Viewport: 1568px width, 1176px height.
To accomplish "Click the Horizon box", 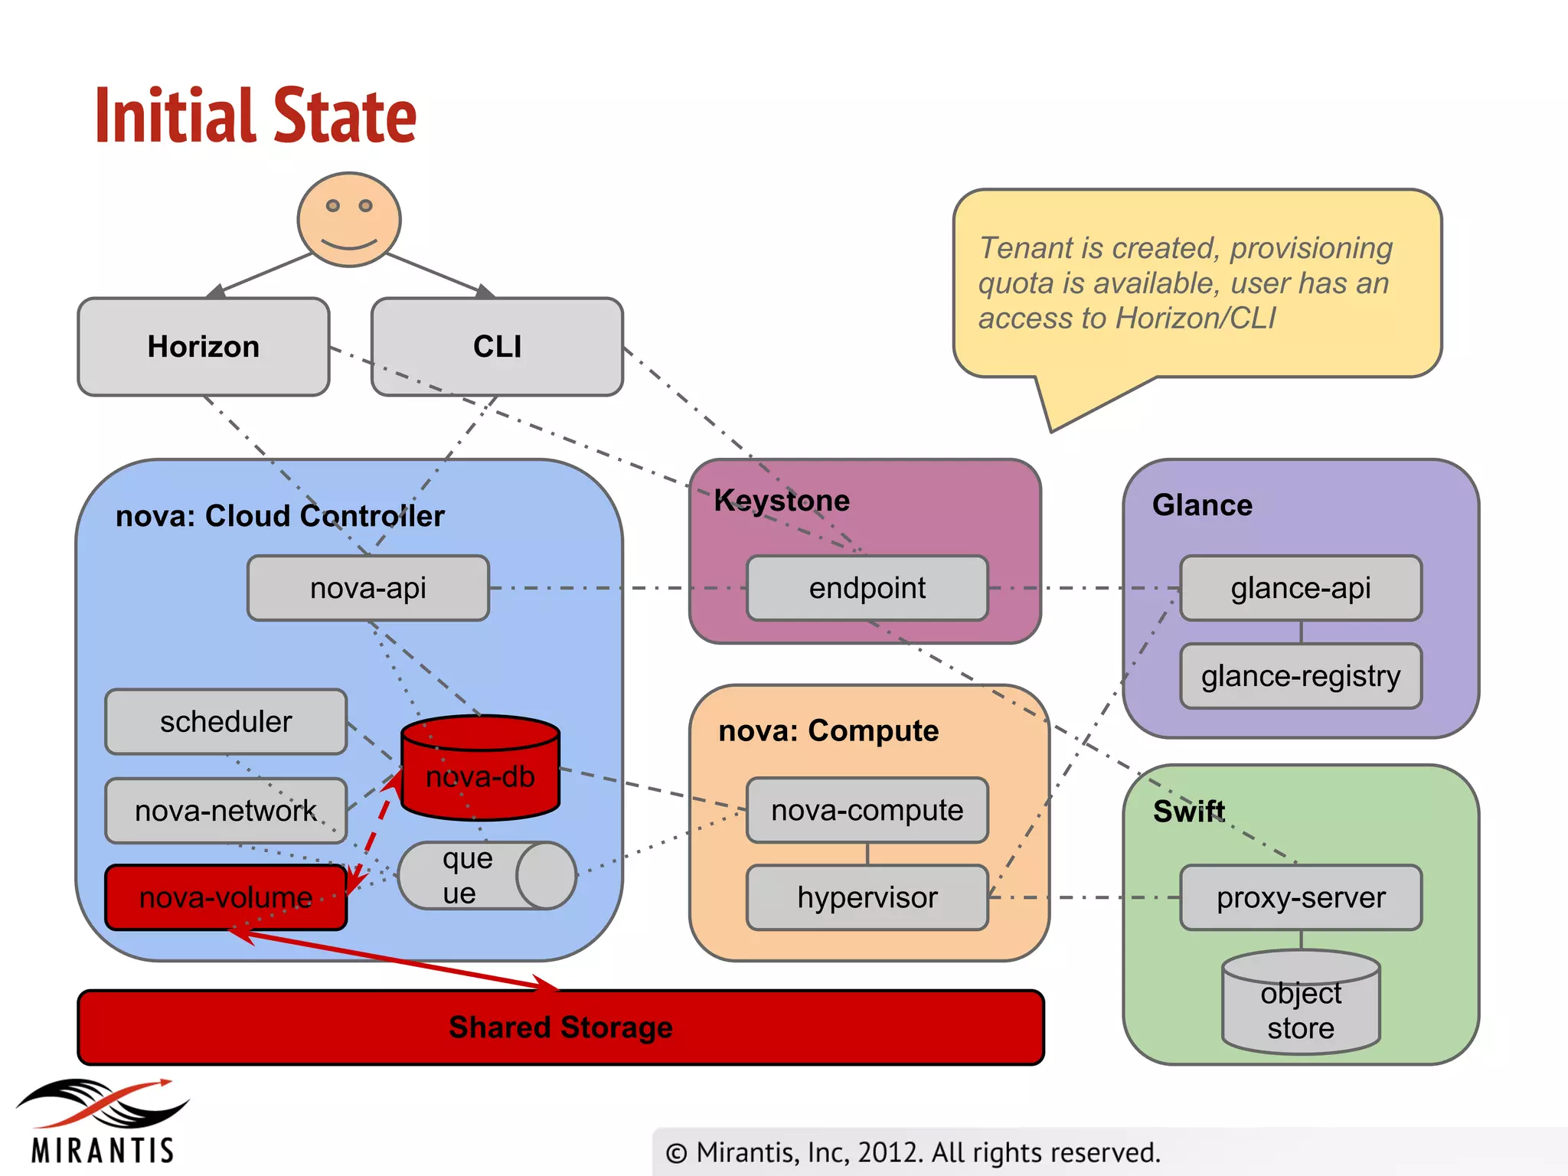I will pyautogui.click(x=204, y=347).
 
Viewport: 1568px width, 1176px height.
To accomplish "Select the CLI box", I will pyautogui.click(x=497, y=347).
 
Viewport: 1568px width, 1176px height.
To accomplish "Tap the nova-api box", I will pyautogui.click(x=368, y=588).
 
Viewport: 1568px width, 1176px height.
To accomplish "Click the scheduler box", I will pyautogui.click(x=226, y=722).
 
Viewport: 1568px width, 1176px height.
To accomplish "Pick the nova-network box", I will pyautogui.click(x=226, y=811).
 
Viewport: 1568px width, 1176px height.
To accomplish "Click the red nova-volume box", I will pyautogui.click(x=226, y=897).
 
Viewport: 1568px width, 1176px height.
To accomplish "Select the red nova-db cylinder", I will pyautogui.click(x=481, y=769).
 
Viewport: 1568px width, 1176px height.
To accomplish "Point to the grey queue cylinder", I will pyautogui.click(x=486, y=876).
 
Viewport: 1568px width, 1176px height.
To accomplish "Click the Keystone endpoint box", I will pyautogui.click(x=867, y=588).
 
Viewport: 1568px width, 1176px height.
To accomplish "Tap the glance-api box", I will pyautogui.click(x=1301, y=588).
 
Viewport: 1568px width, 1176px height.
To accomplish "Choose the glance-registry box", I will pyautogui.click(x=1301, y=676).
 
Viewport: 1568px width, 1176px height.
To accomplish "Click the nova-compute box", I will pyautogui.click(x=867, y=810).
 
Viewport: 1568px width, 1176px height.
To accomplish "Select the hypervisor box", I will pyautogui.click(x=867, y=897).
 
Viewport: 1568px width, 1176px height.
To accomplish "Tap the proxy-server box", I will pyautogui.click(x=1301, y=897).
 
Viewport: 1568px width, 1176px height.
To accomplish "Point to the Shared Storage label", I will pyautogui.click(x=560, y=1027).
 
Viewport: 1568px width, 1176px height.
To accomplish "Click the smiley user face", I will pyautogui.click(x=349, y=220).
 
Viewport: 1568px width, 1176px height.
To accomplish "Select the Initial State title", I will pyautogui.click(x=256, y=116).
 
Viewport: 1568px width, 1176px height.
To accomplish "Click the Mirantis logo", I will pyautogui.click(x=103, y=1122).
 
